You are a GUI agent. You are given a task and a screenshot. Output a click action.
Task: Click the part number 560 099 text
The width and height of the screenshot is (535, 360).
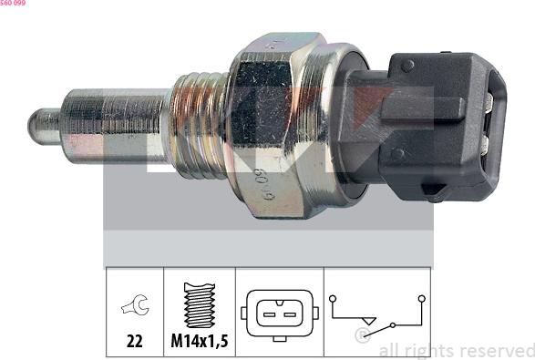(x=13, y=3)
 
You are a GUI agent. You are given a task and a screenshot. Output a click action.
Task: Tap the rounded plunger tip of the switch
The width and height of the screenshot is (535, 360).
(x=44, y=127)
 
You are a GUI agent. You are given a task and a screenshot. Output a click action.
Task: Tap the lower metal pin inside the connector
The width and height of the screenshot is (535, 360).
(x=486, y=145)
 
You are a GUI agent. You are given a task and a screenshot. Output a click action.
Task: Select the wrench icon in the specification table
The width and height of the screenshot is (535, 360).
(x=135, y=304)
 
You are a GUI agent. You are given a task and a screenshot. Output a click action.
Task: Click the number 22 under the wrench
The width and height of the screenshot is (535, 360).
(x=134, y=341)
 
